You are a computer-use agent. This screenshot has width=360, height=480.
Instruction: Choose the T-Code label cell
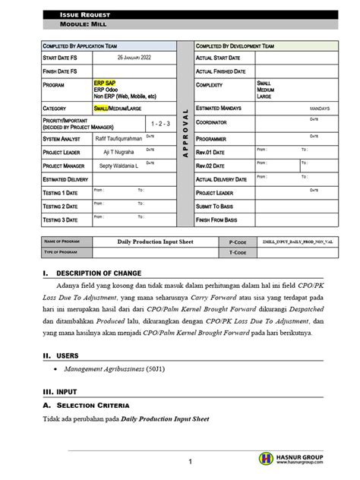[238, 251]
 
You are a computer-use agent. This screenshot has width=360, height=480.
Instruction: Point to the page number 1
[192, 462]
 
